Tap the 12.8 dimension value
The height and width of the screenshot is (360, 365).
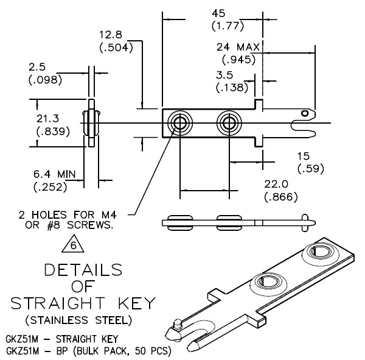tap(111, 35)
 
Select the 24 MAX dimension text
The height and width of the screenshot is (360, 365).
tap(238, 48)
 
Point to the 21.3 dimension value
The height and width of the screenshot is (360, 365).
tap(47, 119)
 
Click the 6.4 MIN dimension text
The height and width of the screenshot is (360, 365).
tap(55, 174)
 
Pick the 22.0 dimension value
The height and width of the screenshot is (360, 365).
tap(276, 185)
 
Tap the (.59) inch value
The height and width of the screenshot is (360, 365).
tap(311, 169)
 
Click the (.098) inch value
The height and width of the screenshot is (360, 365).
tap(46, 80)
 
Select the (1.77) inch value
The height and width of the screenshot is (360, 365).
tap(228, 26)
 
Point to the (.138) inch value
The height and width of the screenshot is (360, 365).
tap(232, 88)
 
